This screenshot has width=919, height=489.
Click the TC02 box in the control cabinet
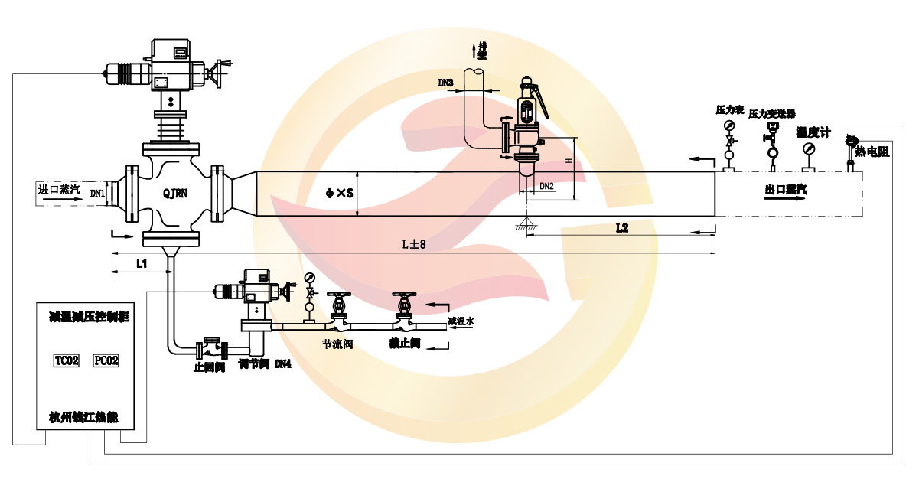tap(67, 360)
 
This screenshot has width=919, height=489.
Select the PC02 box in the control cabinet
tap(106, 360)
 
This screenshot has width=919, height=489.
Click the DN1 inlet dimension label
tap(97, 194)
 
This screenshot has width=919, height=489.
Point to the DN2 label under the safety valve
tap(546, 186)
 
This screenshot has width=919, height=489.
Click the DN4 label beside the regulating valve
tap(282, 363)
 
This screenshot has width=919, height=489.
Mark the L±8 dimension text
tap(414, 245)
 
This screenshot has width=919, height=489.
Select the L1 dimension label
tap(142, 262)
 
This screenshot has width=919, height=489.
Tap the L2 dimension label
tap(621, 227)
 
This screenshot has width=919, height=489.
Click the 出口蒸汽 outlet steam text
tap(786, 188)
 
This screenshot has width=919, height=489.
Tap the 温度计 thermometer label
tap(813, 132)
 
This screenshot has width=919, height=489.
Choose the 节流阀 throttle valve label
tap(337, 344)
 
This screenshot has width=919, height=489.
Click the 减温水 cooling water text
tap(461, 321)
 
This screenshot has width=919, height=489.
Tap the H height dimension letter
tap(568, 161)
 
